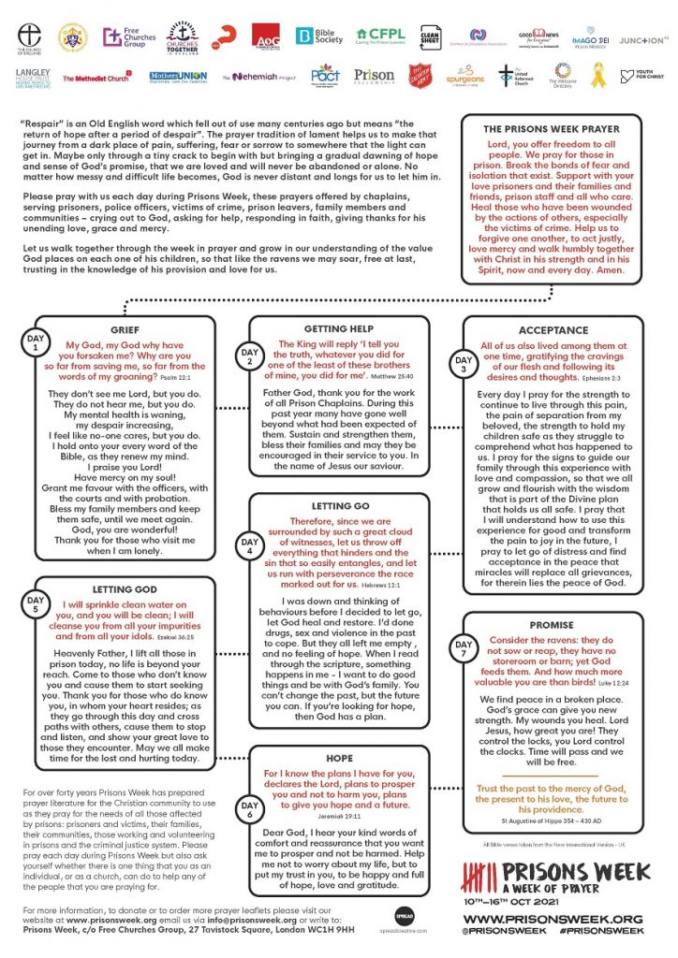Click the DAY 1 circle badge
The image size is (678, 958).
pyautogui.click(x=36, y=342)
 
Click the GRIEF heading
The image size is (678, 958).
pyautogui.click(x=125, y=329)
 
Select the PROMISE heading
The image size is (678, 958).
pyautogui.click(x=552, y=624)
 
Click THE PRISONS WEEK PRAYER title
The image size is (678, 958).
pyautogui.click(x=551, y=128)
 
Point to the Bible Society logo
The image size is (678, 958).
pyautogui.click(x=316, y=36)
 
